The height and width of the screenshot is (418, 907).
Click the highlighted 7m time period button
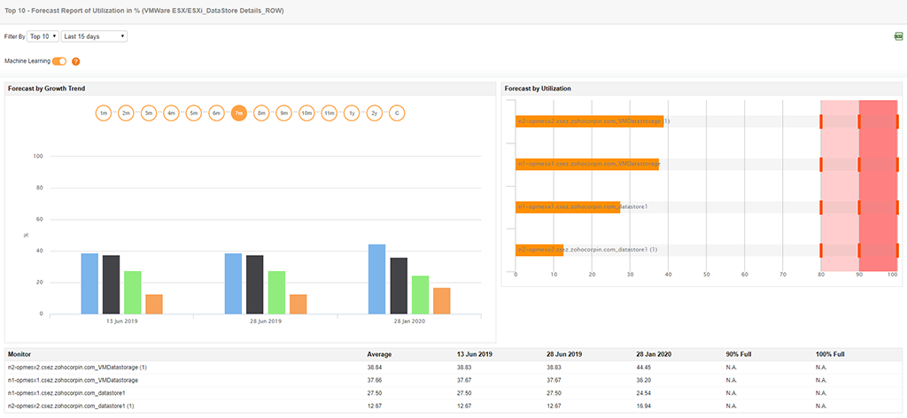pyautogui.click(x=239, y=113)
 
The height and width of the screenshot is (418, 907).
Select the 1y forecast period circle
pyautogui.click(x=352, y=113)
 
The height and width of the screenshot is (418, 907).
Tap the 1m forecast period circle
pyautogui.click(x=104, y=113)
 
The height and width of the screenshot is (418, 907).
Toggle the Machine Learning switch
pyautogui.click(x=60, y=61)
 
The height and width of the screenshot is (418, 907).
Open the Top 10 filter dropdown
pyautogui.click(x=43, y=36)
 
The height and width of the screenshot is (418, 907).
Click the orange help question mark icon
pyautogui.click(x=76, y=61)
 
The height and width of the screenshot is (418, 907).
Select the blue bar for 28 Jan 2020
pyautogui.click(x=377, y=279)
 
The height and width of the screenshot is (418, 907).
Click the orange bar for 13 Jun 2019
pyautogui.click(x=154, y=304)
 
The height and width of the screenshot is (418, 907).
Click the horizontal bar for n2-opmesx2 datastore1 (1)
pyautogui.click(x=539, y=250)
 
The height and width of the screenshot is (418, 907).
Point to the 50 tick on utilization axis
pyautogui.click(x=706, y=275)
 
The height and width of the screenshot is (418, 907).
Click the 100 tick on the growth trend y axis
pyautogui.click(x=38, y=157)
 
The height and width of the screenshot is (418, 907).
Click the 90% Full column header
pyautogui.click(x=739, y=353)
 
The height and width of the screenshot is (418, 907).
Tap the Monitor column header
pyautogui.click(x=20, y=353)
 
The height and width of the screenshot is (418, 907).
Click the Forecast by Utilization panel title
pyautogui.click(x=538, y=89)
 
